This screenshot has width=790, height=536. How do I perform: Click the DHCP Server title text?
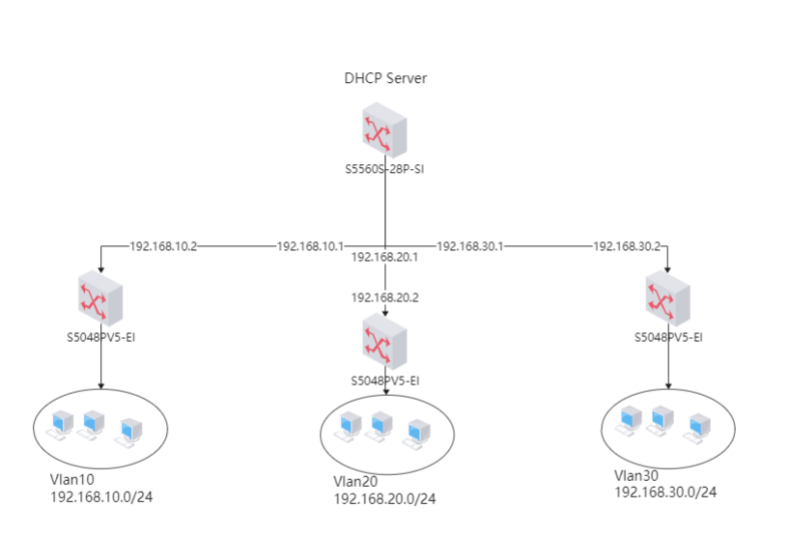click(385, 78)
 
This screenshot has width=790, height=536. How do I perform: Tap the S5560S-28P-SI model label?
click(385, 169)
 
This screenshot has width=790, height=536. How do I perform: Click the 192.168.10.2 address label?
click(163, 246)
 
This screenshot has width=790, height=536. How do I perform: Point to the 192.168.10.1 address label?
click(311, 246)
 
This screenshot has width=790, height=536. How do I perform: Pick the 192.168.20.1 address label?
click(384, 258)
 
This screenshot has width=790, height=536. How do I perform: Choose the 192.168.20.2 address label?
click(384, 297)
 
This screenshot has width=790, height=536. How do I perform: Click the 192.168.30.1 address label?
click(470, 246)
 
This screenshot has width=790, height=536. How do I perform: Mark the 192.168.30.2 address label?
click(627, 246)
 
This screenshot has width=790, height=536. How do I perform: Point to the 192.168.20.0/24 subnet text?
click(384, 498)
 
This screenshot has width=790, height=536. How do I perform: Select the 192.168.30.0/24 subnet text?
click(665, 492)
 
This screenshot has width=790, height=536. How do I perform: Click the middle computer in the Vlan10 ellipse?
click(93, 423)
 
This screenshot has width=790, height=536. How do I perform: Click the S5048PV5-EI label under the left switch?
click(101, 337)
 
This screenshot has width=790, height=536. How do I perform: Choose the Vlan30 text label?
click(635, 475)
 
